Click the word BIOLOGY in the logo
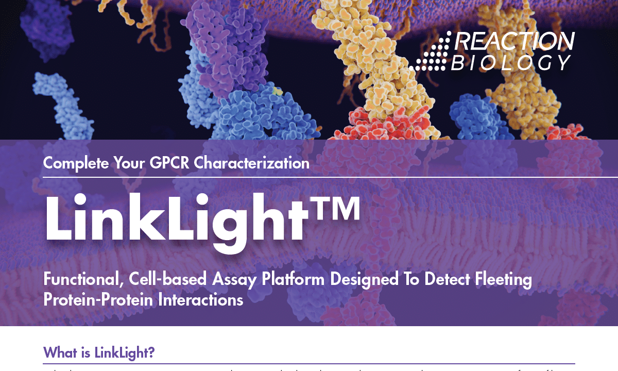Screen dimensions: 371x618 click(511, 62)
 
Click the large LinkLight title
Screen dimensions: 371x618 click(175, 219)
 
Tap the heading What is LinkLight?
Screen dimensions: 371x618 click(99, 353)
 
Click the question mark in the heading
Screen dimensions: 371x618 click(152, 353)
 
